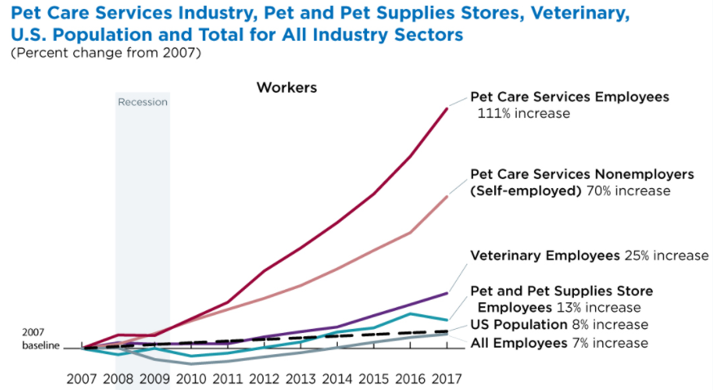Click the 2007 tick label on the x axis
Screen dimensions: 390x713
pyautogui.click(x=83, y=378)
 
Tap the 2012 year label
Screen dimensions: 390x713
pyautogui.click(x=265, y=378)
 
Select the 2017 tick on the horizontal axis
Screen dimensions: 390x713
pyautogui.click(x=447, y=378)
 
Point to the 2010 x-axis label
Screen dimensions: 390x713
pyautogui.click(x=192, y=378)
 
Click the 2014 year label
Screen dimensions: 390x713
pyautogui.click(x=338, y=378)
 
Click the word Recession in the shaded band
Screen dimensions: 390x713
pyautogui.click(x=142, y=102)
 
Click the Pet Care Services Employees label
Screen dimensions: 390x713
pyautogui.click(x=570, y=97)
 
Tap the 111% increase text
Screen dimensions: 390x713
pyautogui.click(x=523, y=113)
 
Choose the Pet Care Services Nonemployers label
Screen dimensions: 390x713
pyautogui.click(x=582, y=174)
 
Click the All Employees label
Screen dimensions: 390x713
pyautogui.click(x=518, y=343)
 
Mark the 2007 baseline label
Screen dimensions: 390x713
pyautogui.click(x=41, y=340)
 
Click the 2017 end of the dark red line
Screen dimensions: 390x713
pyautogui.click(x=447, y=107)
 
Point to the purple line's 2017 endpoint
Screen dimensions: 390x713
pyautogui.click(x=447, y=292)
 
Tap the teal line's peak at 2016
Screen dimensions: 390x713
pyautogui.click(x=410, y=313)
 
